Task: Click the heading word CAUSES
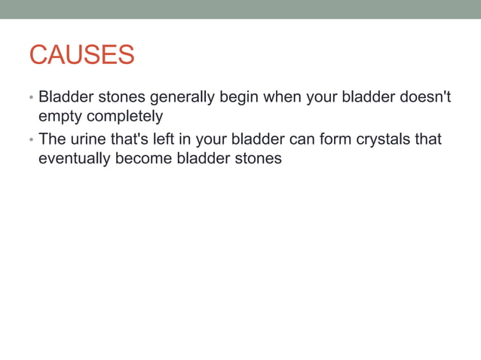coord(81,55)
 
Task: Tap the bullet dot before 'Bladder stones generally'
coord(31,99)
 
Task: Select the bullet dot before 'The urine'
coord(31,141)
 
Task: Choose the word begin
coord(237,98)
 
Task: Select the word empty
coord(60,117)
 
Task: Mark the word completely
coord(124,117)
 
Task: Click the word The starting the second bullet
coord(52,140)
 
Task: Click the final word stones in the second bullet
coord(257,159)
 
